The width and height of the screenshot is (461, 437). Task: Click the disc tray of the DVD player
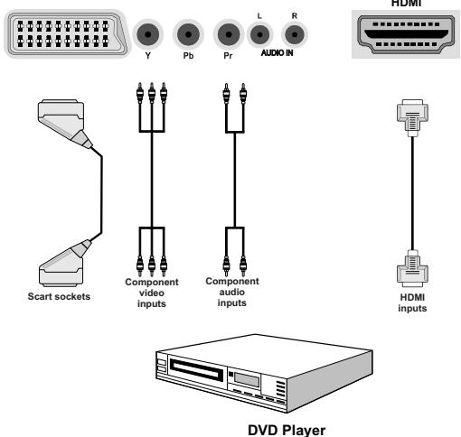[x=189, y=371]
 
